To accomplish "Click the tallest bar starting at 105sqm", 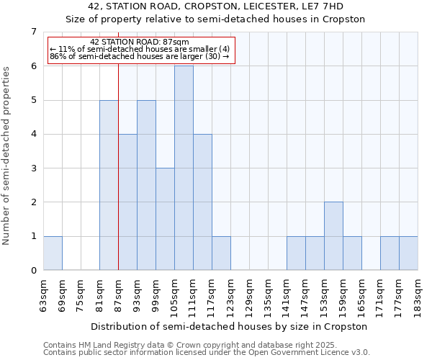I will (184, 168).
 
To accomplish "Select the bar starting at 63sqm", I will (53, 253).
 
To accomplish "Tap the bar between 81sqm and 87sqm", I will (109, 185).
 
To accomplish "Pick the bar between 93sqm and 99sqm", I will (146, 185).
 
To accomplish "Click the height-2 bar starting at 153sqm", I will (333, 236).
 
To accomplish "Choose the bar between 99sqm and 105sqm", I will (165, 219).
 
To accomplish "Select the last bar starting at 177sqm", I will (408, 253).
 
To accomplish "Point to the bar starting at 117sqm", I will (221, 253).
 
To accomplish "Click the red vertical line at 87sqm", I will (118, 180).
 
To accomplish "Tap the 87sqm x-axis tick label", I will (119, 294).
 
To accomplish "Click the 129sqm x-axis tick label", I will (250, 294).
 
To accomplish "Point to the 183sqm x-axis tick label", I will (418, 294).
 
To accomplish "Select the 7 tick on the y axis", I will (33, 32).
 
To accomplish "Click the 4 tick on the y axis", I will (33, 134).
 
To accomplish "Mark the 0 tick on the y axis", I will (33, 270).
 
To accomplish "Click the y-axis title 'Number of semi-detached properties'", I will (7, 156).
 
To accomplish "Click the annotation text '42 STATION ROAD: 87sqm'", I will (140, 42).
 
